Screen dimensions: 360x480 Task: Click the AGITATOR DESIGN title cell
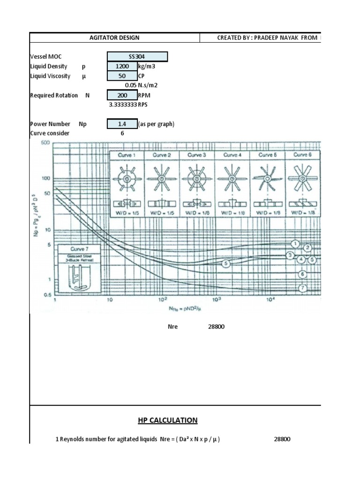[x=114, y=38]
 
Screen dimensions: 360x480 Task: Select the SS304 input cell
[x=137, y=57]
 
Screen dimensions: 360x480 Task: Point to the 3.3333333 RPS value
[x=123, y=105]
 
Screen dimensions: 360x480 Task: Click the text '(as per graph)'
[x=156, y=124]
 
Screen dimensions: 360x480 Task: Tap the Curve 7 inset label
[x=79, y=249]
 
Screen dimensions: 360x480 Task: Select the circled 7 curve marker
[x=303, y=288]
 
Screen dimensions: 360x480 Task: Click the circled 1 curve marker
[x=295, y=244]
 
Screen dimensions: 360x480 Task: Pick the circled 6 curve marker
[x=302, y=274]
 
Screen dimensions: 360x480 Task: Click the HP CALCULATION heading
[x=167, y=420]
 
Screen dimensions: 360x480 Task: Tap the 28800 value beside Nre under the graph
[x=217, y=327]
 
